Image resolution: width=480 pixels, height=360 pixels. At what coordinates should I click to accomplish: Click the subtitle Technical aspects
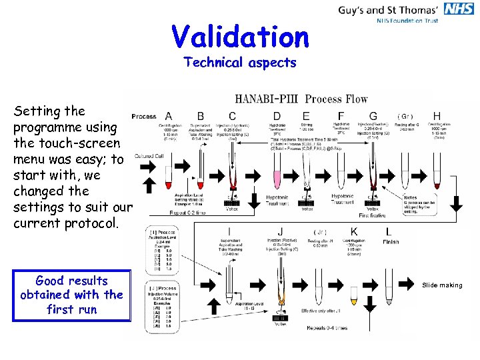[x=239, y=63]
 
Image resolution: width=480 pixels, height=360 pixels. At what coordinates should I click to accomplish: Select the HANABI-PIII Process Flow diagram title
[x=301, y=99]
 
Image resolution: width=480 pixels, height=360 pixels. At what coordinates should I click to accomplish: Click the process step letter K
[x=355, y=232]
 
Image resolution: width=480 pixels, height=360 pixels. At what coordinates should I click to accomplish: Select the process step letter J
[x=280, y=232]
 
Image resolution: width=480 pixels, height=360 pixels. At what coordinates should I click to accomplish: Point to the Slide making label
[x=441, y=285]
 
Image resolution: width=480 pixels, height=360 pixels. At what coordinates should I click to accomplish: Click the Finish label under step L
[x=391, y=242]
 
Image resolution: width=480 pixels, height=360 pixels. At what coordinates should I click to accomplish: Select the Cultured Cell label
[x=149, y=155]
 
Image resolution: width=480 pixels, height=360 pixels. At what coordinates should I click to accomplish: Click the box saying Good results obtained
[x=72, y=295]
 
